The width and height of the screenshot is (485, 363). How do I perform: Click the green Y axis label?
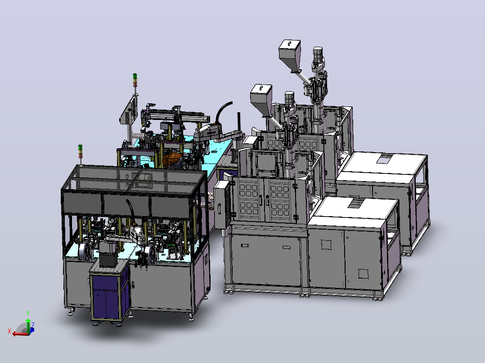point(28,314)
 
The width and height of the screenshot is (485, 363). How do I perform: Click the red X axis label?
point(9,332)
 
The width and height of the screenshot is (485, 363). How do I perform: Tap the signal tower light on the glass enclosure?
point(81,151)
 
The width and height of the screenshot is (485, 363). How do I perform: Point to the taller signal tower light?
point(135,80)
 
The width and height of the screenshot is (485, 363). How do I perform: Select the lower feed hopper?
point(261,99)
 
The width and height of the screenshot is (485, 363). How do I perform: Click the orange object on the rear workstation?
point(172,160)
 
